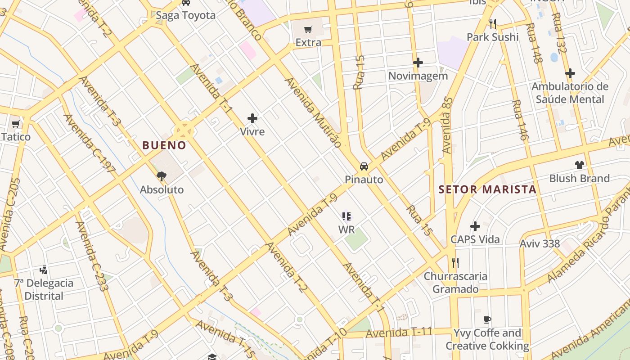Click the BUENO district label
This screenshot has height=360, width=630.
point(164,145)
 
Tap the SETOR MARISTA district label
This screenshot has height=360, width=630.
point(487,189)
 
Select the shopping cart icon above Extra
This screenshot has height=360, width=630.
point(308,30)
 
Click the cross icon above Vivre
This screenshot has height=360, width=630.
point(252,119)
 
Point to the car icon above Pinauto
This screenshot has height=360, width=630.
point(364,166)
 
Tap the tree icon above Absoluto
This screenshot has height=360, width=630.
point(162,176)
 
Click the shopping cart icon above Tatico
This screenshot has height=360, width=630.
point(16,124)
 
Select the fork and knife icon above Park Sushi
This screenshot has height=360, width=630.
point(493,23)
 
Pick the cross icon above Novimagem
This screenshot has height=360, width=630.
point(418,63)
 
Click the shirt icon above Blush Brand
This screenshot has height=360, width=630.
point(579,165)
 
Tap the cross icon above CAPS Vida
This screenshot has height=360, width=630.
point(475,226)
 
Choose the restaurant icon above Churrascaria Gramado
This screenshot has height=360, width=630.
point(455,262)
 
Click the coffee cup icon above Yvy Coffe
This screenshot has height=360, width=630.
point(487,320)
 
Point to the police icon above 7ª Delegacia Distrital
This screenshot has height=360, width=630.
point(44,270)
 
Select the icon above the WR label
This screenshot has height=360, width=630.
point(346,216)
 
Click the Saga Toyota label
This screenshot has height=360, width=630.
point(185,15)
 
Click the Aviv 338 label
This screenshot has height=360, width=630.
point(540,244)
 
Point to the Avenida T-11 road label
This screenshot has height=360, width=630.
point(399,333)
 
